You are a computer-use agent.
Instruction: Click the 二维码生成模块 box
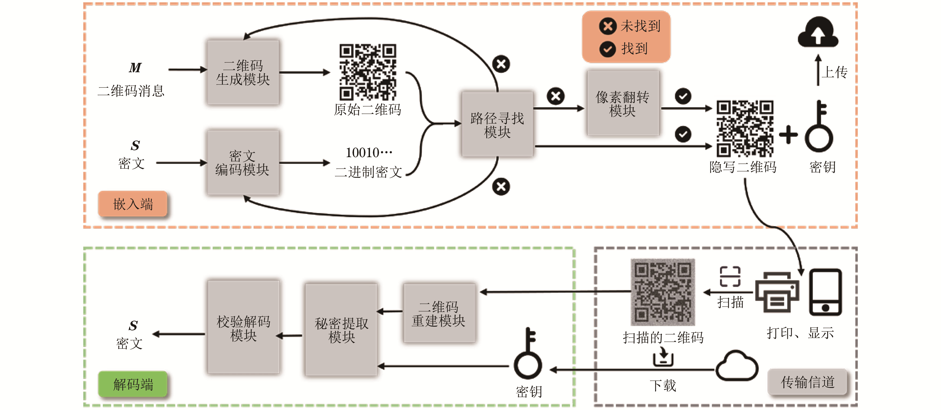click(243, 72)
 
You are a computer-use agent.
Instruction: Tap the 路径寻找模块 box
click(497, 124)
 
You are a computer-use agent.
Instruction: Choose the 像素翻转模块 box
click(623, 103)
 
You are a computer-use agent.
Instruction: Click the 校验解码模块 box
click(244, 327)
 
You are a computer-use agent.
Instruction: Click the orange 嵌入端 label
click(133, 204)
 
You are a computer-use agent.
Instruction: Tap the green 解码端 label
click(133, 384)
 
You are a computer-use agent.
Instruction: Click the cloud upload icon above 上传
click(818, 32)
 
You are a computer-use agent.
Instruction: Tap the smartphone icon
click(825, 292)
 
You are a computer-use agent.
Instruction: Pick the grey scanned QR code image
click(663, 292)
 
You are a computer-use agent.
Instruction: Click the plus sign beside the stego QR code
click(788, 135)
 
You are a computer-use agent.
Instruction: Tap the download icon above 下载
click(663, 357)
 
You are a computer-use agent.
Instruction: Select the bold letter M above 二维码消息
click(135, 68)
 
